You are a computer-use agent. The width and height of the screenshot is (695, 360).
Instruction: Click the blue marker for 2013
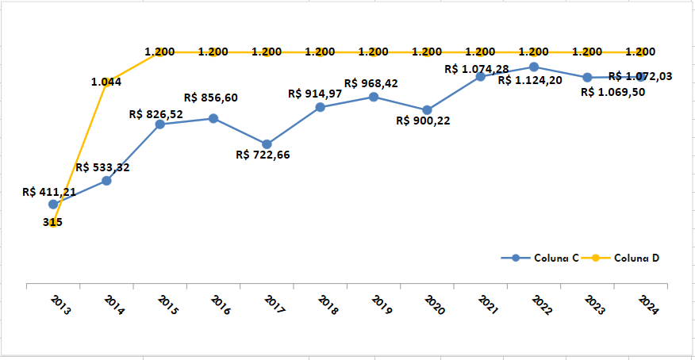tap(53, 205)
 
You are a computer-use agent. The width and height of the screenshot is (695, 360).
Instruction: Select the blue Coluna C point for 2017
tap(267, 144)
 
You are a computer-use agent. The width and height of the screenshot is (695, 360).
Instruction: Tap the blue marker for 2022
tap(534, 67)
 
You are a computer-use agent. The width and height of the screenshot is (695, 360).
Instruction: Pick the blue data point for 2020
tap(427, 110)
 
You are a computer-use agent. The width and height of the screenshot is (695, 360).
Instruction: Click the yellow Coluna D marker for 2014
tap(106, 82)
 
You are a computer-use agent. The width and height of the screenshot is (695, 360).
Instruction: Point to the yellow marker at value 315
tap(53, 223)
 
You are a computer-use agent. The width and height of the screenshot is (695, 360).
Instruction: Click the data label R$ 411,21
tap(49, 191)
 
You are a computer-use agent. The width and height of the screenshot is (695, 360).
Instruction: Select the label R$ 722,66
tap(263, 155)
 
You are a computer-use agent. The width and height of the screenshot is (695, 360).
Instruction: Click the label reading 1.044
tap(106, 82)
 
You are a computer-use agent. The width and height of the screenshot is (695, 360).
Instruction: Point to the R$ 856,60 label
tap(210, 98)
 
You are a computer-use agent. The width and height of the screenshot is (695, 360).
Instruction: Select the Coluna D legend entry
tap(632, 258)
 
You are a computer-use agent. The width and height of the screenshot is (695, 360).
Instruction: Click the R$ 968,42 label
tap(371, 83)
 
